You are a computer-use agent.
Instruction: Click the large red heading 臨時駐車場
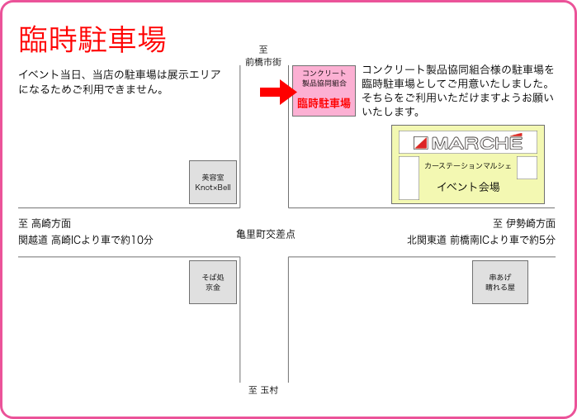(92, 39)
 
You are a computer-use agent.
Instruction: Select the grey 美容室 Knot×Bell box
(213, 182)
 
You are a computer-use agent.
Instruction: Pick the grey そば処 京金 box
(213, 282)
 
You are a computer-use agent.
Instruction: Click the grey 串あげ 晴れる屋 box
(499, 282)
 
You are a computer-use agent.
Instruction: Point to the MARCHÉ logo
(468, 141)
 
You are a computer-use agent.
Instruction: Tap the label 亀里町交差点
(265, 235)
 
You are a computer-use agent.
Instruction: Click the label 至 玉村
(264, 390)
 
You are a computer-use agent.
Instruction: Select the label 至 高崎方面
(45, 223)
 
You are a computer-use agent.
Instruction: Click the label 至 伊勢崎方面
(523, 223)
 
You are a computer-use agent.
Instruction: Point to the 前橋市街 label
(263, 62)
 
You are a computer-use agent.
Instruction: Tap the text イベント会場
(468, 187)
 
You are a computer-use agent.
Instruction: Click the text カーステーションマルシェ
(468, 166)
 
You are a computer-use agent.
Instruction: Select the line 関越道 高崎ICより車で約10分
(86, 240)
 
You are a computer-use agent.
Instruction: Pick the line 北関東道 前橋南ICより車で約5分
(480, 240)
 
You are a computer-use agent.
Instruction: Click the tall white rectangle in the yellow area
(409, 178)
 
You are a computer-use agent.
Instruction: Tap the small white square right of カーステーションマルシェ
(527, 167)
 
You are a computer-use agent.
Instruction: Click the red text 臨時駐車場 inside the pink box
(324, 103)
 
